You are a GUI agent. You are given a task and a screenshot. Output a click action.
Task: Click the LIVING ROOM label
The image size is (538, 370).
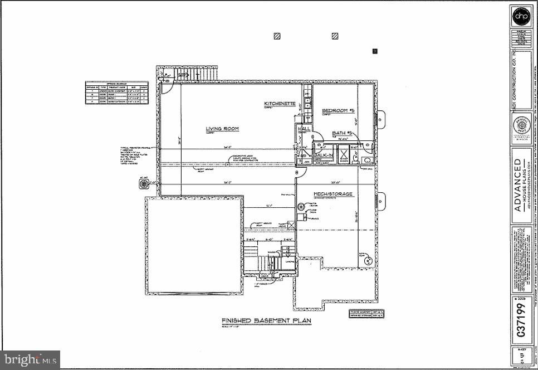[222, 129]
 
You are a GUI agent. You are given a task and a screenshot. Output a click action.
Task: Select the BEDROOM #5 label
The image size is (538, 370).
[338, 111]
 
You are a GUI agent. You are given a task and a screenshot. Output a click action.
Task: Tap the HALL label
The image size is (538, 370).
[305, 129]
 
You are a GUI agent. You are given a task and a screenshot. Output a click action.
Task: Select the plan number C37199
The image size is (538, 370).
[522, 320]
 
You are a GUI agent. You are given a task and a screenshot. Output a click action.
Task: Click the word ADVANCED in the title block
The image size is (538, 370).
[518, 185]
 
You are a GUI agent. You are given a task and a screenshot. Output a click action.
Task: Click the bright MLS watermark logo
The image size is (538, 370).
[30, 359]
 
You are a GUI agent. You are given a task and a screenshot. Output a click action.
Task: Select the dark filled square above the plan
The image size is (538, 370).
[375, 51]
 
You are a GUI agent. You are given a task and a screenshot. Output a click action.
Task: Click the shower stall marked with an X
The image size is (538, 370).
[344, 155]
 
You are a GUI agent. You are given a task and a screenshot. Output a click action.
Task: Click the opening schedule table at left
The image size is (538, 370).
[116, 92]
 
